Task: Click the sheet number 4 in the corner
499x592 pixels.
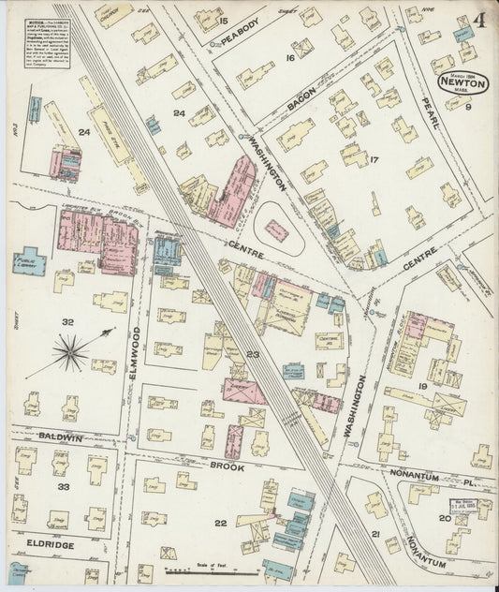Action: (x=478, y=20)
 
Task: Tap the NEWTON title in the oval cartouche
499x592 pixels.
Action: (x=455, y=81)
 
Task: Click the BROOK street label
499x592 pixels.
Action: (x=227, y=466)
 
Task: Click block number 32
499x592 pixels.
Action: (x=66, y=321)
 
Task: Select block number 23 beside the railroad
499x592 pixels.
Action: (x=252, y=354)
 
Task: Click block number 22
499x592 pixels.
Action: (x=220, y=523)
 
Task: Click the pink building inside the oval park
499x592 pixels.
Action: (x=276, y=229)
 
